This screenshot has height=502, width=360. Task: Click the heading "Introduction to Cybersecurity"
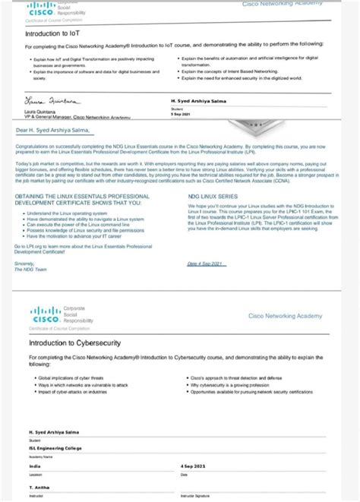pyautogui.click(x=75, y=343)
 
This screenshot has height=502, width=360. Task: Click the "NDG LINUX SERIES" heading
pyautogui.click(x=213, y=195)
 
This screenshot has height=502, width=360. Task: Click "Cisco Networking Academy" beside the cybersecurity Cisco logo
pyautogui.click(x=285, y=315)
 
